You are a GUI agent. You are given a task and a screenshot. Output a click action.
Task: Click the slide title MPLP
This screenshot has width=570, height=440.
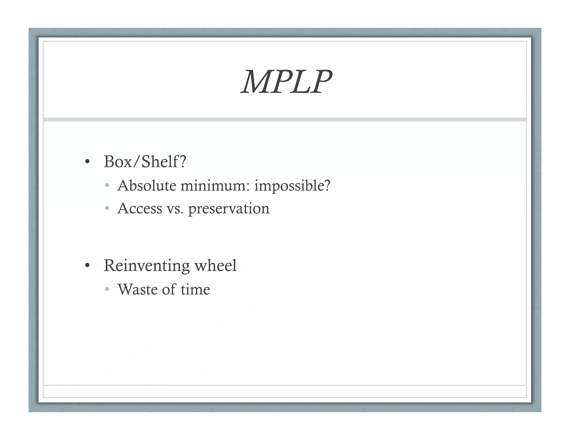pos(286,82)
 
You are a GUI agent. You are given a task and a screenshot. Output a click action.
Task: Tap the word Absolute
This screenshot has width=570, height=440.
pos(147,186)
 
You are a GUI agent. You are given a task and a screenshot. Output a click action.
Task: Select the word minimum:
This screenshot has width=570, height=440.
pos(215,186)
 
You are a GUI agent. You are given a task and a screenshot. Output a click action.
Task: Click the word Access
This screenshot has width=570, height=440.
pos(140,208)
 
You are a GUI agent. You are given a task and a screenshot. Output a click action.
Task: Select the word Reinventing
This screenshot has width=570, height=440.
pos(147,266)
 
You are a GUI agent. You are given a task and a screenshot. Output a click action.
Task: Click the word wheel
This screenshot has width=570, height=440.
pos(216,265)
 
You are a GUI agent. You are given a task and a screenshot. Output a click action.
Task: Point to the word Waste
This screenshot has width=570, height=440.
pos(137,289)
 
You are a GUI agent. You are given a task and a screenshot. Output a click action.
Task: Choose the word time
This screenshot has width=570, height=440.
pos(195,289)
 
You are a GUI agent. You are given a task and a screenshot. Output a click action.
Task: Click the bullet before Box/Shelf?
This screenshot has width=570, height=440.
pos(87,162)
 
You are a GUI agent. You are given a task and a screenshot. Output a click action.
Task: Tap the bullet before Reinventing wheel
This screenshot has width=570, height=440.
pos(87,266)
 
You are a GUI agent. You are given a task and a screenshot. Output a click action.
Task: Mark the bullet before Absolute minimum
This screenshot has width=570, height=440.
pos(107,186)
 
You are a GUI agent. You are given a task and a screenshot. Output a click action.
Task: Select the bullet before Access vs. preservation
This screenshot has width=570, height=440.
pos(107,208)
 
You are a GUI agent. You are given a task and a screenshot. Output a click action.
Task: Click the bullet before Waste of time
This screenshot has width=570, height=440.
pos(107,289)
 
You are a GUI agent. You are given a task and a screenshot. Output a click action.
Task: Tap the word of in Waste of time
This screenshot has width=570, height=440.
pos(169,289)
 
